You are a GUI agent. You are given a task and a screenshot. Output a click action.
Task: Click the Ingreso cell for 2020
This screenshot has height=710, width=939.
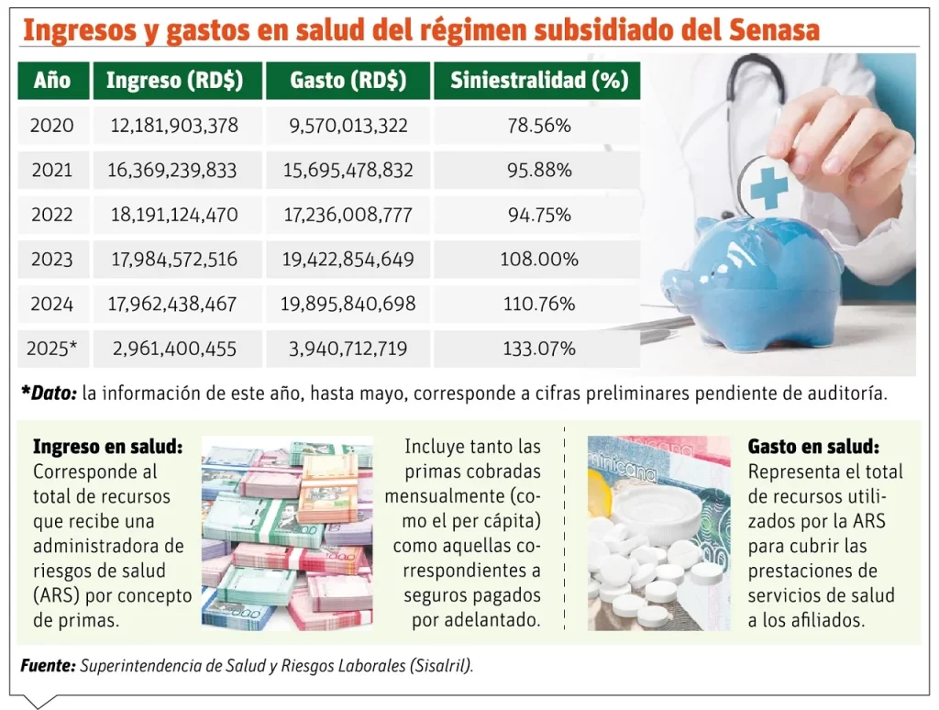click(174, 126)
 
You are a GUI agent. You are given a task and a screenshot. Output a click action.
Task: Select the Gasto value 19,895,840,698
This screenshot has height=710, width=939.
click(348, 304)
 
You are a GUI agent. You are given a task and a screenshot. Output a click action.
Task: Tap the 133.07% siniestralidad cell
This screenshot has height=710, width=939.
click(538, 349)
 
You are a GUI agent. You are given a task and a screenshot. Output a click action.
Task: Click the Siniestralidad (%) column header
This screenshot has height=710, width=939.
click(538, 81)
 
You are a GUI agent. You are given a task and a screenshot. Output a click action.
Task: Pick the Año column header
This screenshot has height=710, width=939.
click(52, 81)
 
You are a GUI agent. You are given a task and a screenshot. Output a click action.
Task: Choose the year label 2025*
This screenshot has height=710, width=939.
click(52, 349)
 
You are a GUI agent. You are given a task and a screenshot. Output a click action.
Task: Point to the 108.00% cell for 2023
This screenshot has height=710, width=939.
click(538, 260)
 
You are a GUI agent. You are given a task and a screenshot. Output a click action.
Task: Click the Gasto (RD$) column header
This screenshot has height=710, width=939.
click(348, 81)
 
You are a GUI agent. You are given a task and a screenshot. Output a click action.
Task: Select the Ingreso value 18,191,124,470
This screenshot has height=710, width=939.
click(174, 215)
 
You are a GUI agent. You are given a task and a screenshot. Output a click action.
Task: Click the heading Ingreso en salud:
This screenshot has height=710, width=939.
click(107, 447)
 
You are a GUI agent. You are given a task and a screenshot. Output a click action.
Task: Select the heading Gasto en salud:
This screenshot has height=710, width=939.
click(813, 447)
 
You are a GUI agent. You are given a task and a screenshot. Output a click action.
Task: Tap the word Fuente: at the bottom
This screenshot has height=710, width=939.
click(48, 665)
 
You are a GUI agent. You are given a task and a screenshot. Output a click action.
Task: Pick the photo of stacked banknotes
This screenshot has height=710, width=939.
click(287, 533)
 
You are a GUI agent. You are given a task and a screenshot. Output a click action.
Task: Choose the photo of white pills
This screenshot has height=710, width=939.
click(646, 533)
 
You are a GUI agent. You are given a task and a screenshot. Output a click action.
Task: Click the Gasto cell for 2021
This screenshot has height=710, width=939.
click(348, 171)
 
